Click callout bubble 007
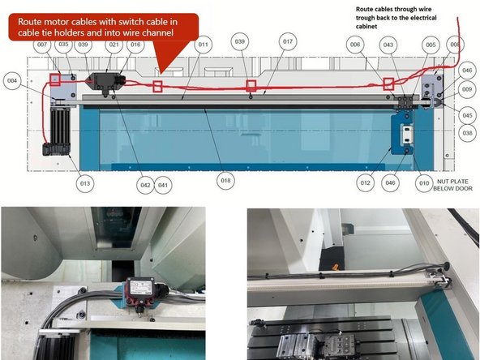coord(41,45)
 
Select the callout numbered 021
coord(114,45)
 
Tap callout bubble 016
coord(135,45)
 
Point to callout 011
coord(202,45)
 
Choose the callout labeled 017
coord(288,41)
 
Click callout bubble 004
coord(11,81)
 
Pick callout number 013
coord(85,184)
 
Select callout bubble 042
coord(145,184)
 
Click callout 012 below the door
coord(366,184)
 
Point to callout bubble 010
coord(423,184)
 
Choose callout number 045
coord(468,116)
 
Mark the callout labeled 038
coord(468,133)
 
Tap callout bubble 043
coord(389,45)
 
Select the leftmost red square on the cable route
coord(55,79)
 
